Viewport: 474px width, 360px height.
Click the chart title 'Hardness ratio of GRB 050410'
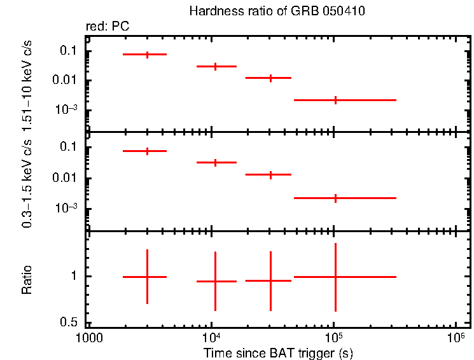point(277,12)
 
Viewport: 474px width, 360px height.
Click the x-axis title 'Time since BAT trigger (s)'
point(278,352)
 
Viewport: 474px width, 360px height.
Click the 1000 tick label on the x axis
point(88,336)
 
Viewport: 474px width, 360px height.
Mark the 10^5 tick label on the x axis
point(333,335)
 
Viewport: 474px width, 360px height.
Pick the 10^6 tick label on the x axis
point(456,335)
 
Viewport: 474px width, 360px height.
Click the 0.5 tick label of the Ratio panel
point(69,322)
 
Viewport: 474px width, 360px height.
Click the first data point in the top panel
point(147,55)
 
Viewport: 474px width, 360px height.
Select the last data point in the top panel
point(335,100)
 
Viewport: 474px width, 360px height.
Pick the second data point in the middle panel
point(216,162)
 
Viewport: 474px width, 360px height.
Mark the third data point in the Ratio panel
point(270,280)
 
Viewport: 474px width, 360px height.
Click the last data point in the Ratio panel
point(335,277)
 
